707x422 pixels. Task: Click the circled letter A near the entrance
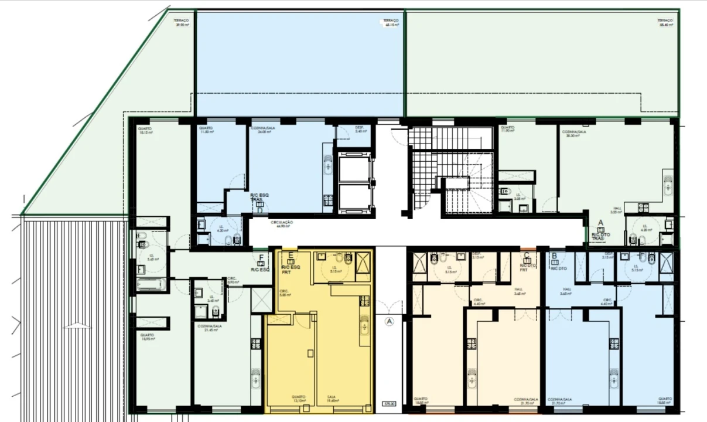388,321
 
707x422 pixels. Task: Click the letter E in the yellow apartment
291,256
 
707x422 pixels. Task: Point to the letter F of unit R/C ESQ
261,257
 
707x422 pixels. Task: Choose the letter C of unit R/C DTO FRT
527,256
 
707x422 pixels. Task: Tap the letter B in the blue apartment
554,256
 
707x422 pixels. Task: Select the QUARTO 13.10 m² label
298,399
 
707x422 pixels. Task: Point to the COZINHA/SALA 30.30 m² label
574,134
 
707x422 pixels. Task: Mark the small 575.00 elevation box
388,403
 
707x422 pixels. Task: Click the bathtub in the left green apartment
152,285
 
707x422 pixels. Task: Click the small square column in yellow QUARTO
310,352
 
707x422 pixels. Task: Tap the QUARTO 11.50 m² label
206,130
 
